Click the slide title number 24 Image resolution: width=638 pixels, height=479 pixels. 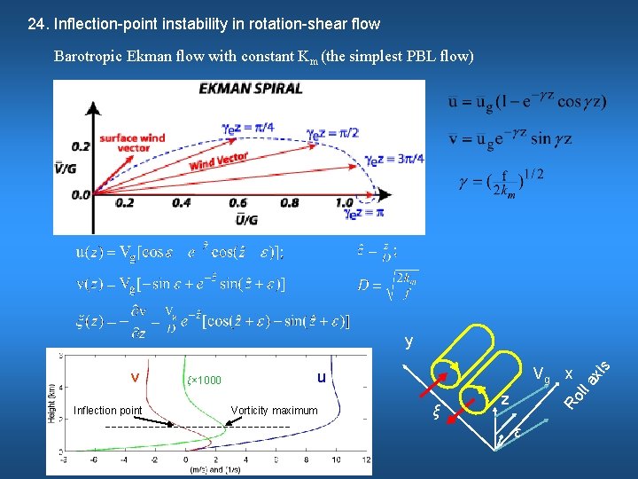tap(36, 24)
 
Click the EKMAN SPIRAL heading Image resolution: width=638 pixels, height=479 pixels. tap(251, 89)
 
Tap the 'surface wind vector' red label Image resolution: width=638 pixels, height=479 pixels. tap(132, 143)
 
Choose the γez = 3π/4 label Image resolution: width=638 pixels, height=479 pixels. tap(393, 159)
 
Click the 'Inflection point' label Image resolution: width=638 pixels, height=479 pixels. tap(108, 410)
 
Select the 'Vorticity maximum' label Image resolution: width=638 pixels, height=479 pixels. tap(274, 410)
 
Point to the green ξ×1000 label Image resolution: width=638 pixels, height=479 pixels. tap(205, 381)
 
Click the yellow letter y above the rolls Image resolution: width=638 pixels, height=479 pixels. tap(408, 340)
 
